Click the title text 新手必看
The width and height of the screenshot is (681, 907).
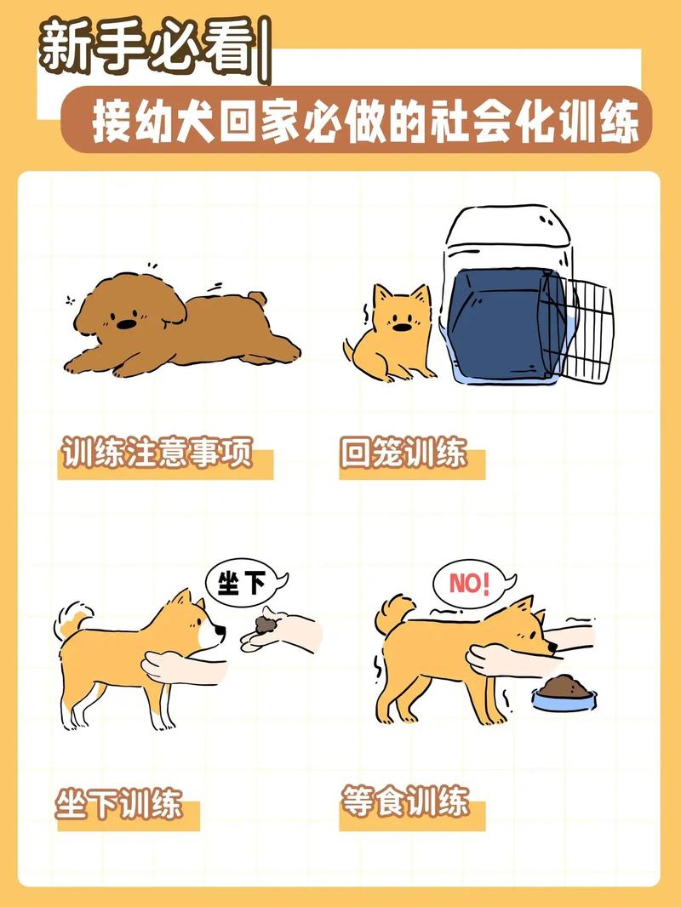click(x=149, y=48)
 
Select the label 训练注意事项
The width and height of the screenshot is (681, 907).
click(x=158, y=453)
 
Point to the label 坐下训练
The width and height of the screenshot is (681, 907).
click(x=119, y=803)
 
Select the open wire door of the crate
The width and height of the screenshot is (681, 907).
click(x=587, y=328)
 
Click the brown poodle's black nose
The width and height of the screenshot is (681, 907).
click(x=125, y=324)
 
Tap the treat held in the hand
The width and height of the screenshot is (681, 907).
click(x=265, y=625)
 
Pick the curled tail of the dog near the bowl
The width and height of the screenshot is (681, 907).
click(x=394, y=611)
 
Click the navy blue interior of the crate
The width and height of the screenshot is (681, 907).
click(x=502, y=323)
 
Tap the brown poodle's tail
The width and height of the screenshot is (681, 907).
click(x=255, y=299)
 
